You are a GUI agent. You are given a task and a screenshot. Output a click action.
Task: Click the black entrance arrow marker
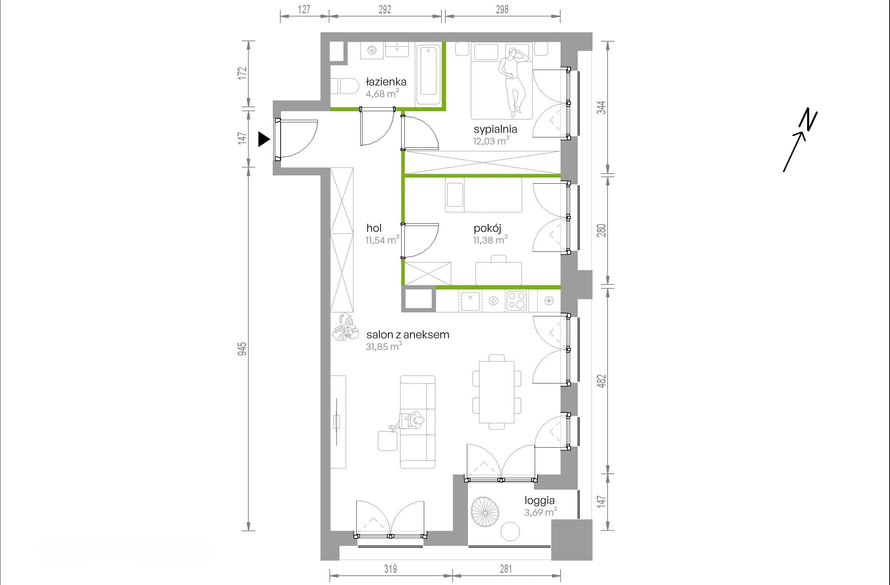tap(264, 139)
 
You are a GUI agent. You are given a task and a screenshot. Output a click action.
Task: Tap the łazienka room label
tap(386, 81)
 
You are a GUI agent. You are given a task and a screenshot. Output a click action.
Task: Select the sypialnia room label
tap(495, 129)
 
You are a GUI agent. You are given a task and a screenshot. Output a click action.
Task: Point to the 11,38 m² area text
tap(490, 240)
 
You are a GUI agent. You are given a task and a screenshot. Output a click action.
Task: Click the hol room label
tap(374, 228)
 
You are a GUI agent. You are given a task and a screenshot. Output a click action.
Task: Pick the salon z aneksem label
tap(408, 335)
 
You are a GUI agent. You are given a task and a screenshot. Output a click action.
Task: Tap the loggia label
tap(539, 500)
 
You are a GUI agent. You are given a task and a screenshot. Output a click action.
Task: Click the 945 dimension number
tap(242, 349)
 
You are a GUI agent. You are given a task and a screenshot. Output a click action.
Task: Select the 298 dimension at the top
tap(502, 9)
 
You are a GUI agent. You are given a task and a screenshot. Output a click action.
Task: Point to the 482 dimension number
tap(601, 381)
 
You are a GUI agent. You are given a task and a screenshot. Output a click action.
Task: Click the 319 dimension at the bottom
tap(390, 569)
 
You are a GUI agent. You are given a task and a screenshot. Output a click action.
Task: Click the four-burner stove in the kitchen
tap(516, 301)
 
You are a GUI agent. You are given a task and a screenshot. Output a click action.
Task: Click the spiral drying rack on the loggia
tap(485, 511)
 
